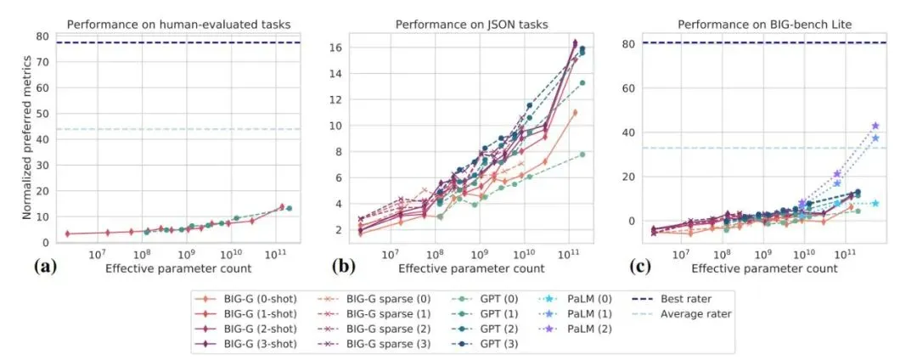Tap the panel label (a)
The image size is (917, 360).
[44, 267]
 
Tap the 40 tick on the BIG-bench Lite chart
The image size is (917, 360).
[629, 132]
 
